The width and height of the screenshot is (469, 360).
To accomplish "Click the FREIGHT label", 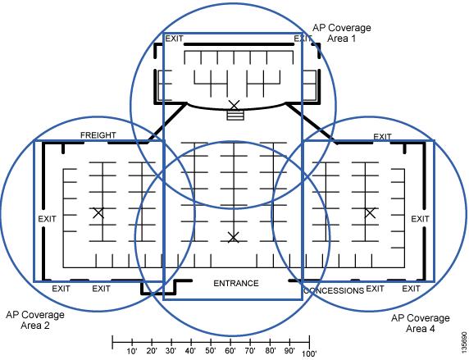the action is (98, 135).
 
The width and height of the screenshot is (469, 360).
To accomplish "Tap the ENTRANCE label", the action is (236, 283).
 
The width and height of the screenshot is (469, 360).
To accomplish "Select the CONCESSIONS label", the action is (334, 290).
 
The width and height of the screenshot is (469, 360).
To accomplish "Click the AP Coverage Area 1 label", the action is (342, 33).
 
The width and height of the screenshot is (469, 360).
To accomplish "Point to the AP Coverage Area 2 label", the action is (35, 320).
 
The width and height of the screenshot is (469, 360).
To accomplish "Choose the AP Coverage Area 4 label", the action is (421, 323).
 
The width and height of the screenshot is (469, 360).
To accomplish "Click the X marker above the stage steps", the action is (234, 105).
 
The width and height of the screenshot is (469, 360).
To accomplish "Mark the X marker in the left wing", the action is (98, 213).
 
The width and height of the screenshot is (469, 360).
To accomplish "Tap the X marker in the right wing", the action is (370, 213).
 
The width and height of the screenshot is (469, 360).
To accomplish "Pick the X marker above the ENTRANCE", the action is (234, 237).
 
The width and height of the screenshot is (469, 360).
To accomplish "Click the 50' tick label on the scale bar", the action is (211, 351).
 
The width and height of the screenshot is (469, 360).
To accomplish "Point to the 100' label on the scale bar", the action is (309, 353).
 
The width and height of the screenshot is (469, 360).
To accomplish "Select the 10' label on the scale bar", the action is (132, 351).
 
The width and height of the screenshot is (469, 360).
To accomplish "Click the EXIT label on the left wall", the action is (47, 219).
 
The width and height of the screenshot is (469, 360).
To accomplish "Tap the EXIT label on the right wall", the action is (420, 219).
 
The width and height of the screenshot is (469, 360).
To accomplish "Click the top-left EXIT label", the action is (174, 39).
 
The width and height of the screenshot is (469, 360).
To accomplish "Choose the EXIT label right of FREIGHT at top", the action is (382, 137).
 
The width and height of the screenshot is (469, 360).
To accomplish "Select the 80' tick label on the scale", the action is (270, 351).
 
